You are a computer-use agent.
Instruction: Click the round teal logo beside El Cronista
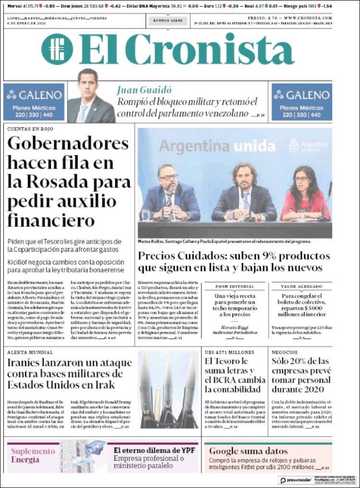click(x=57, y=49)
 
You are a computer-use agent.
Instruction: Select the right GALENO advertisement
click(x=301, y=102)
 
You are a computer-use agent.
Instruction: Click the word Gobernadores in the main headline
click(x=68, y=144)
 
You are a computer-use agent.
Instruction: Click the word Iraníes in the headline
click(x=28, y=363)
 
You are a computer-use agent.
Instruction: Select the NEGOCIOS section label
click(x=285, y=352)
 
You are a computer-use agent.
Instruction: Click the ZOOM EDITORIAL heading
click(x=235, y=287)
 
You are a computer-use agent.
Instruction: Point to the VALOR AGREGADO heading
click(x=301, y=287)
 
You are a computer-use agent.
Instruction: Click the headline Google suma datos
click(x=248, y=451)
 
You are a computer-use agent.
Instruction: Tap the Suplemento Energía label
click(x=33, y=455)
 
